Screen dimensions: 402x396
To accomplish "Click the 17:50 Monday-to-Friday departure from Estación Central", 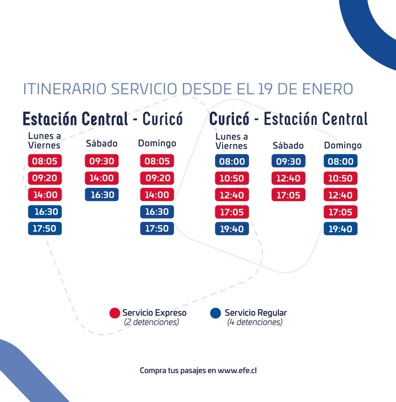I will (45, 228).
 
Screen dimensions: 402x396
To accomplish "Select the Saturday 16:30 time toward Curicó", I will (102, 195).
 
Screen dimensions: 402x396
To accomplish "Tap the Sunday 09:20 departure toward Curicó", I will (157, 178).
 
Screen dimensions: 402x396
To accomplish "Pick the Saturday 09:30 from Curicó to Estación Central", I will (288, 161).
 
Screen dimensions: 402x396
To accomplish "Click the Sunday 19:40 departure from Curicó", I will (340, 229).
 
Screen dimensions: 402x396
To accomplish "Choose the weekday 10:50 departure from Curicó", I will (232, 178).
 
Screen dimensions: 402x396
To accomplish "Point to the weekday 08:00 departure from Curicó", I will (232, 161).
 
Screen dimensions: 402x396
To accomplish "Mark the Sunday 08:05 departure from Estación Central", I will (157, 161).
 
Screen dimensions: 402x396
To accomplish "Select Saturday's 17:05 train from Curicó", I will (288, 195).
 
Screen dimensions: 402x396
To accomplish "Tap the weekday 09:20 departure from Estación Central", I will (45, 178).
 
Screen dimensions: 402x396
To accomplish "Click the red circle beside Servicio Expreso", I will (114, 313).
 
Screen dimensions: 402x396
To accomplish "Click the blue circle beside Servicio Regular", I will (215, 313).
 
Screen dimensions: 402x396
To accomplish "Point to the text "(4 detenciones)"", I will (255, 322).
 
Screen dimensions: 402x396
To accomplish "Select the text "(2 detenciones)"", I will (151, 322).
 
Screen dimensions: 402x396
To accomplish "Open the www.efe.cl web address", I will (237, 371).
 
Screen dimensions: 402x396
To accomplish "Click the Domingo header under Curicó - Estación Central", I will (342, 145).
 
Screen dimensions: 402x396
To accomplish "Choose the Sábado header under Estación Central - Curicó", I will (102, 144).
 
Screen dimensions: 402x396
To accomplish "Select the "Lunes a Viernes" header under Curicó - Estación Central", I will (231, 141).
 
